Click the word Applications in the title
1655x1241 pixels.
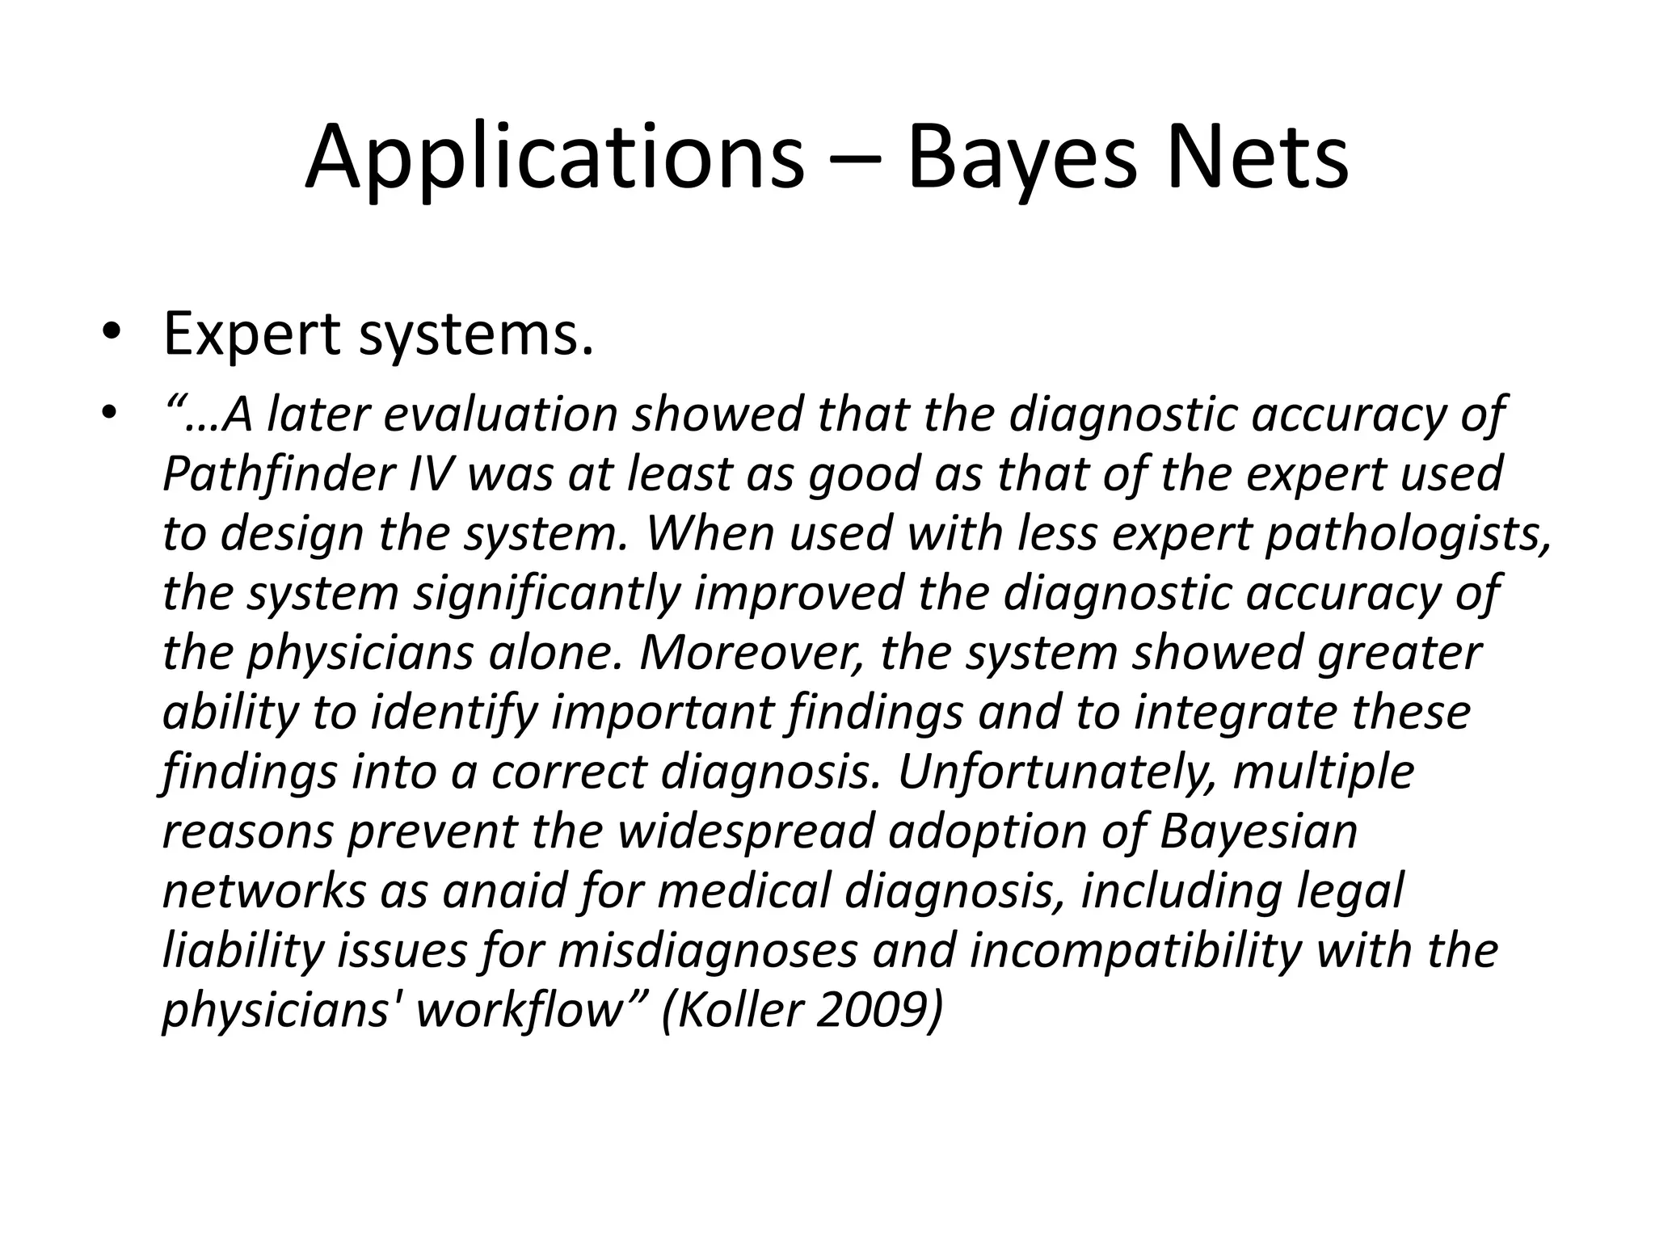(554, 158)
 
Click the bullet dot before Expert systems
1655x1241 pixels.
(111, 336)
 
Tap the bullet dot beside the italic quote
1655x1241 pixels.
(111, 414)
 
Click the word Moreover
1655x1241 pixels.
(747, 653)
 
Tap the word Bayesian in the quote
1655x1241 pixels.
(1258, 831)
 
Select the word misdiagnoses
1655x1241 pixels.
(706, 951)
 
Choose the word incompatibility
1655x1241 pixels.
(1135, 951)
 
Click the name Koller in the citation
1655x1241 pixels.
(743, 1011)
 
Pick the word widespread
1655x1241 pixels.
(747, 831)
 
